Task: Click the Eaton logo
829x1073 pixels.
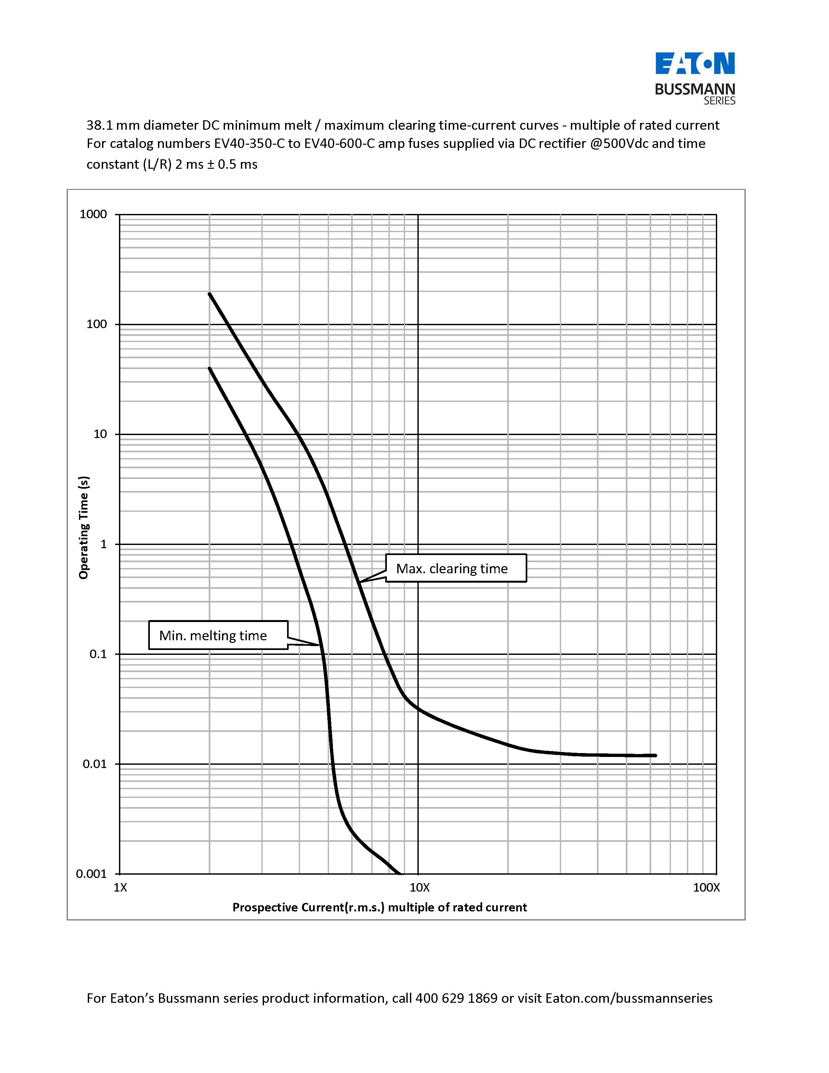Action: click(695, 63)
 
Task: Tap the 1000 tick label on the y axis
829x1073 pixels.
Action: click(93, 214)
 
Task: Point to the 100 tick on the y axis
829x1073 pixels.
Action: click(97, 324)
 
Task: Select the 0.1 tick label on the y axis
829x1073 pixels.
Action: click(98, 654)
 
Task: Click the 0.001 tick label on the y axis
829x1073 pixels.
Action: click(91, 874)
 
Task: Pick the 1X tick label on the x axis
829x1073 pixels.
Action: click(120, 888)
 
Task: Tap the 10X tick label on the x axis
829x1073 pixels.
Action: click(419, 888)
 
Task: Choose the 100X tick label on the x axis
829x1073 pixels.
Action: click(706, 888)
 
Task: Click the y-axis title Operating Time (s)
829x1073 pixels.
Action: click(84, 528)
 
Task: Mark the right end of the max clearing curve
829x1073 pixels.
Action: click(655, 755)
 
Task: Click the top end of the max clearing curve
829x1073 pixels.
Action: click(210, 294)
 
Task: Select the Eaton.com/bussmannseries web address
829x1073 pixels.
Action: click(629, 998)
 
